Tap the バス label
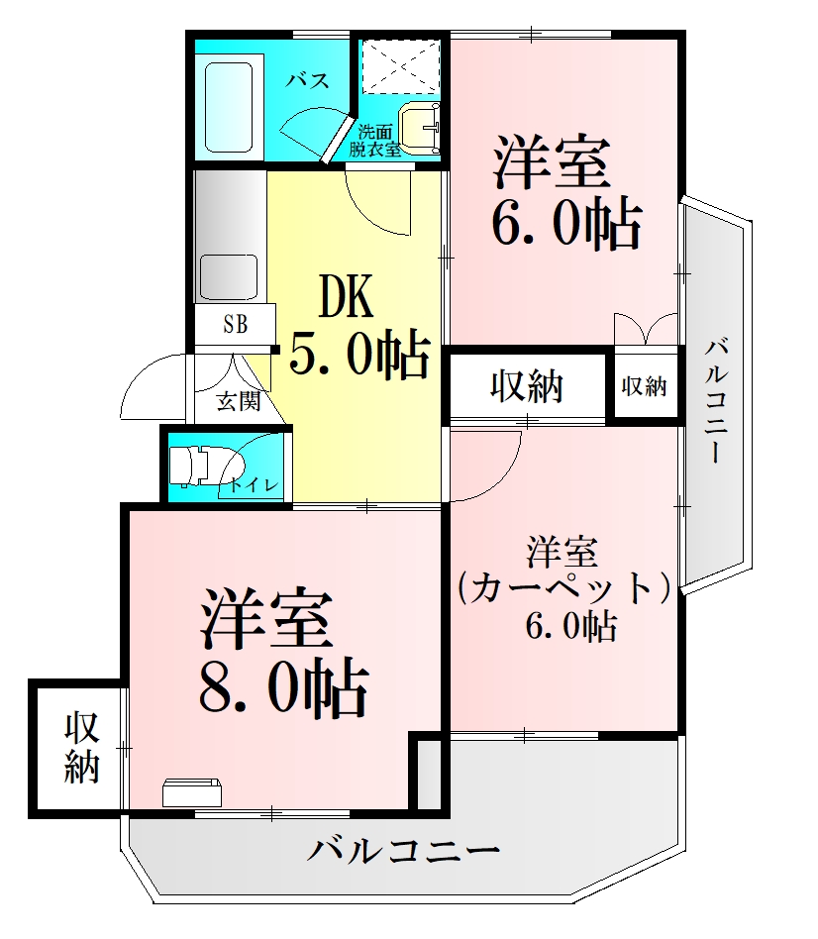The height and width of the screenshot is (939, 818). pyautogui.click(x=308, y=81)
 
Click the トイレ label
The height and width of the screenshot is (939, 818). pyautogui.click(x=256, y=484)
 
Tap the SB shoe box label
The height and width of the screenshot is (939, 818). pyautogui.click(x=235, y=323)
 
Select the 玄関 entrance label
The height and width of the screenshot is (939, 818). pyautogui.click(x=238, y=402)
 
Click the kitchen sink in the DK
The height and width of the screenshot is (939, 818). pyautogui.click(x=229, y=273)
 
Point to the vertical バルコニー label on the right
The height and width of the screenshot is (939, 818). pyautogui.click(x=720, y=401)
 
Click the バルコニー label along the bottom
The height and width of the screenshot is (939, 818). pyautogui.click(x=401, y=851)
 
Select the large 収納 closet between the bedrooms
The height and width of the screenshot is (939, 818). pyautogui.click(x=526, y=385)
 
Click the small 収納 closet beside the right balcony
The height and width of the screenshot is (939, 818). pyautogui.click(x=644, y=386)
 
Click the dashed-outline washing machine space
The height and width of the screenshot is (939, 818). pyautogui.click(x=401, y=64)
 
